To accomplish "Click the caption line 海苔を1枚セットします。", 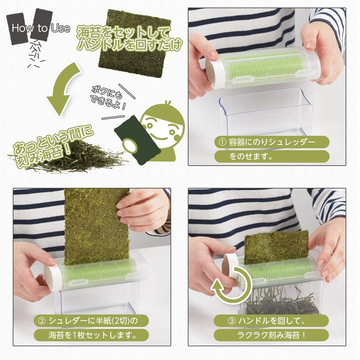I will pos(85,336).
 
